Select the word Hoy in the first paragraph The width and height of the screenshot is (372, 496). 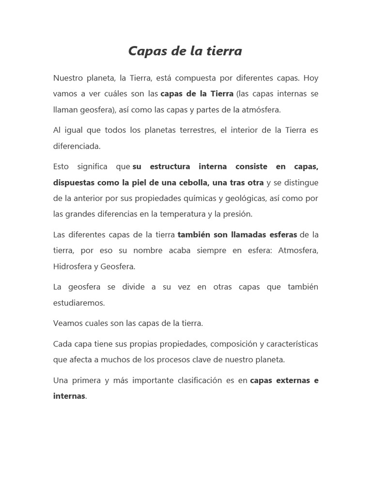point(311,78)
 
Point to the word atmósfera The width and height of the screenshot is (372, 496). point(261,109)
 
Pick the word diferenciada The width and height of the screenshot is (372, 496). point(77,146)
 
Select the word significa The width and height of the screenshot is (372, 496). point(92,167)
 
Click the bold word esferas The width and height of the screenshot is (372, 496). point(279,235)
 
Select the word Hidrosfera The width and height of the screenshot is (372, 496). point(73,266)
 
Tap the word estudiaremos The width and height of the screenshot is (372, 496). point(79,303)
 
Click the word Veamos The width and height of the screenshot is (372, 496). point(66,323)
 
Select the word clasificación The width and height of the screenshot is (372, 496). point(199,380)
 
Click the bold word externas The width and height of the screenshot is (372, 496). point(293,380)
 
